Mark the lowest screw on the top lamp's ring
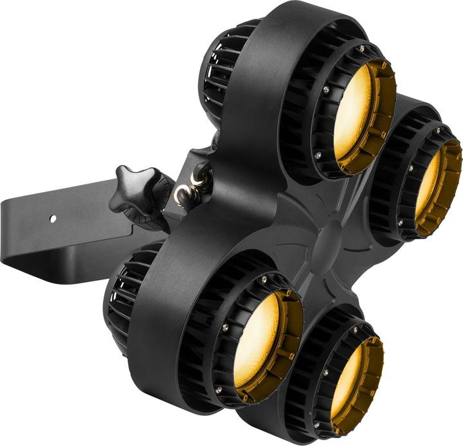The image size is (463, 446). (318, 154)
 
